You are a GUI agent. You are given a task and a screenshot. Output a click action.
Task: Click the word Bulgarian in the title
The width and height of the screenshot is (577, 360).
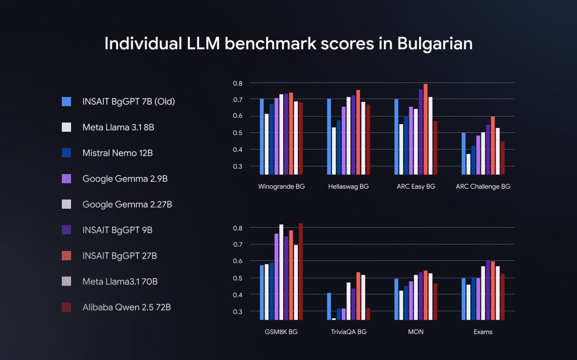pyautogui.click(x=434, y=43)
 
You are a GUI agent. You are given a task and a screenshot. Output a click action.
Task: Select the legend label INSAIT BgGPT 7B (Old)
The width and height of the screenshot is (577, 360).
pyautogui.click(x=129, y=101)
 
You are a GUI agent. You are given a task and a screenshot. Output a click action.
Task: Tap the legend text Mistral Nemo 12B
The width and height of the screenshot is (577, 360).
pyautogui.click(x=118, y=153)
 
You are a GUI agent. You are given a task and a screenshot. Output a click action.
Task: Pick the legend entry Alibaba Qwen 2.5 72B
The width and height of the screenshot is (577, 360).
pyautogui.click(x=126, y=307)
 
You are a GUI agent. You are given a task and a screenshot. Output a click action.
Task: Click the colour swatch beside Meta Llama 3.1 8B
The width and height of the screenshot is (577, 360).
pyautogui.click(x=67, y=127)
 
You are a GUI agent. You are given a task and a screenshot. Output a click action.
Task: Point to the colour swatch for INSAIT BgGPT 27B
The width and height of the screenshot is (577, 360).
pyautogui.click(x=67, y=255)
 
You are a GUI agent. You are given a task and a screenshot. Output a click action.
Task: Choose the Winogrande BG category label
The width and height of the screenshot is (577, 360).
pyautogui.click(x=281, y=187)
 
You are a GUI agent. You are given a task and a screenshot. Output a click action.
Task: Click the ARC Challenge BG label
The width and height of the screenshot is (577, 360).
pyautogui.click(x=483, y=187)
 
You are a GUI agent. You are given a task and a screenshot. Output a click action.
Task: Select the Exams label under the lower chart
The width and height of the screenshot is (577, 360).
pyautogui.click(x=482, y=332)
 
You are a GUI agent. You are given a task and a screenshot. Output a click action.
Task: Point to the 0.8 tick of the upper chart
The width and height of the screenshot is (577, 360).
pyautogui.click(x=238, y=83)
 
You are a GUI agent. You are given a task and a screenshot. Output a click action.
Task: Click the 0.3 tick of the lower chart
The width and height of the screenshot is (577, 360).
pyautogui.click(x=238, y=312)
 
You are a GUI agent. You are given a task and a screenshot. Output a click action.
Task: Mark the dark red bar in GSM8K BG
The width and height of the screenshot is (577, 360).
pyautogui.click(x=301, y=271)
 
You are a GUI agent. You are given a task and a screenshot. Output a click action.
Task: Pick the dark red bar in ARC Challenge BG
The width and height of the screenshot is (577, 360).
pyautogui.click(x=502, y=158)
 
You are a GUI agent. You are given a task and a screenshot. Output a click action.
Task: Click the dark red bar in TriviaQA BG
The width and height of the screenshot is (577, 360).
pyautogui.click(x=368, y=314)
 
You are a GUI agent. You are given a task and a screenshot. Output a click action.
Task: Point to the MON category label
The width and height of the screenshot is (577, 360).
pyautogui.click(x=415, y=332)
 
